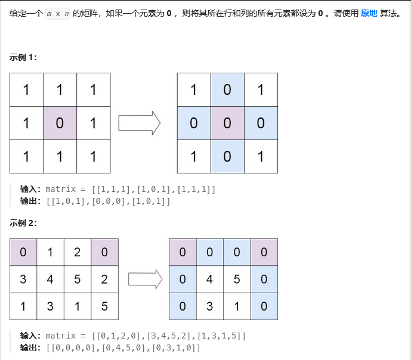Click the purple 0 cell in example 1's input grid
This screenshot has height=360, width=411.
point(60,123)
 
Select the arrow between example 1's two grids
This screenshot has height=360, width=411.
point(140,123)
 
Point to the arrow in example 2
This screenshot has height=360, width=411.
point(146,279)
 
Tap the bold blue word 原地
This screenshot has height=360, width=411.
point(369,13)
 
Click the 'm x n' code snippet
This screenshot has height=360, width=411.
point(57,13)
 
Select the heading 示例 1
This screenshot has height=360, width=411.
point(23,57)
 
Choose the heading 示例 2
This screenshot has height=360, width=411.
point(23,223)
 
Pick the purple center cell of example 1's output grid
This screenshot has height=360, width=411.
point(227,123)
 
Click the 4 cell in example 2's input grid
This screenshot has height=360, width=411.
point(50,279)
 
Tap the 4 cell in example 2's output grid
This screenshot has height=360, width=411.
point(210,279)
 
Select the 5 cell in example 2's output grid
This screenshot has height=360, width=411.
point(237,279)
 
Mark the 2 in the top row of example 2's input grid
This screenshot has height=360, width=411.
point(78,252)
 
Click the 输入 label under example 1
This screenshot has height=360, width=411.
point(31,189)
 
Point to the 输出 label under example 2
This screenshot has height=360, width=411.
point(31,347)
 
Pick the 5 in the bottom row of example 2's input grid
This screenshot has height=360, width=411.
point(104,306)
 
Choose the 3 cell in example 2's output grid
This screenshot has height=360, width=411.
point(210,306)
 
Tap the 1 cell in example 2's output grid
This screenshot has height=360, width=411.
point(237,306)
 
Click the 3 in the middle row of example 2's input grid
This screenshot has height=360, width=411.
point(23,279)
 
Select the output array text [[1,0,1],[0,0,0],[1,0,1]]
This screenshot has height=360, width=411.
point(108,201)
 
